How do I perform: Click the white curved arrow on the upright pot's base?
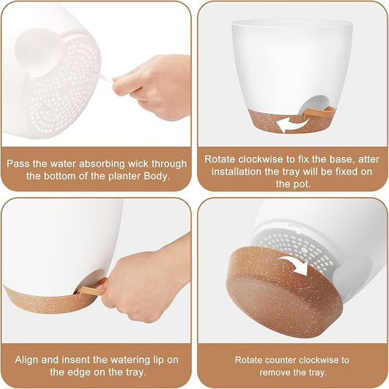(293, 124)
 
